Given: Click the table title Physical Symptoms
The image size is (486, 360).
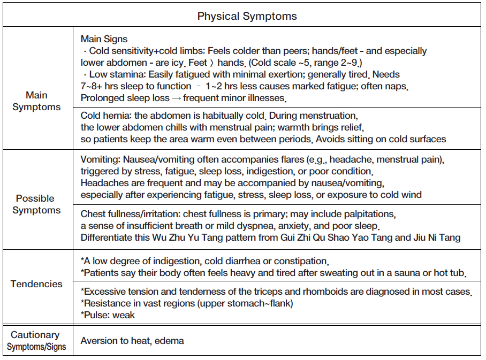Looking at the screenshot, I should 247,16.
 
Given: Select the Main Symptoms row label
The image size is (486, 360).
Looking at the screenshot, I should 36,101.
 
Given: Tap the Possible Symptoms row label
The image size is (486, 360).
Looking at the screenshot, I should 36,204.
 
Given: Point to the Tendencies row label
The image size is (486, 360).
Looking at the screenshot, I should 36,284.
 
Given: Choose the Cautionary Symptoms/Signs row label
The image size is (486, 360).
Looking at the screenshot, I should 36,341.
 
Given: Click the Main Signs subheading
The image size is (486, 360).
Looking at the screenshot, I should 104,39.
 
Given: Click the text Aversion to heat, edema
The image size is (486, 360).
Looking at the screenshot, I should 132,341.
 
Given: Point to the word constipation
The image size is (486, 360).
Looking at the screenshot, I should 300,262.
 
